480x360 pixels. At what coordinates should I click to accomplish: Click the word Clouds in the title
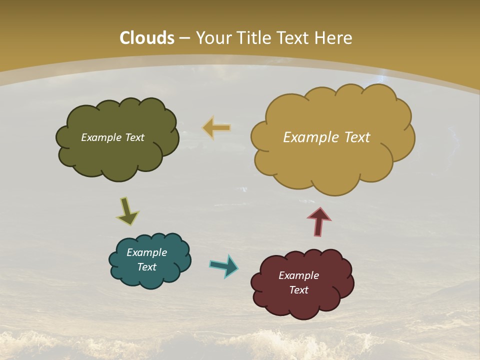tap(147, 38)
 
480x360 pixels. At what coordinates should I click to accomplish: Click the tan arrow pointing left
tap(216, 128)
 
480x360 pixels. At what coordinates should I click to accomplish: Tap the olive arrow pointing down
tap(127, 212)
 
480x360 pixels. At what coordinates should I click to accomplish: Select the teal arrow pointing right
tap(224, 265)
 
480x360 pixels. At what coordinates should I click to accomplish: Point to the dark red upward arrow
tap(319, 221)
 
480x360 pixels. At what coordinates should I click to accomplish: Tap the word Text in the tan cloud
tap(356, 137)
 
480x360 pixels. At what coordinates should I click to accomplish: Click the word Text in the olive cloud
tap(134, 137)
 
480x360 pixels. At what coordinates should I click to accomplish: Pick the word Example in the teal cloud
tap(146, 252)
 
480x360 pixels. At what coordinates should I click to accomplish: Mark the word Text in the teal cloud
tap(146, 267)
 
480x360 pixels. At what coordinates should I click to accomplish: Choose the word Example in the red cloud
tap(298, 275)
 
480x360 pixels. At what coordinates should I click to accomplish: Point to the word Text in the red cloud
tap(298, 290)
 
